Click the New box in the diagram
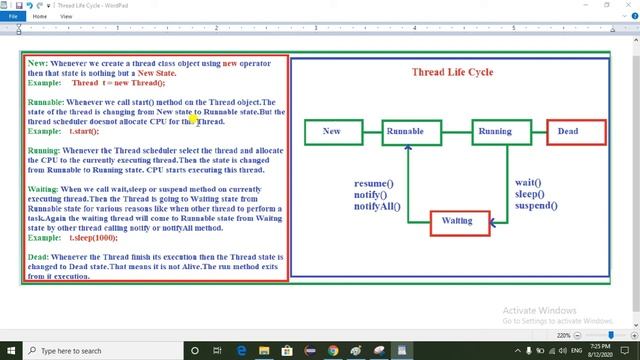pyautogui.click(x=331, y=131)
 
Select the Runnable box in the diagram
pyautogui.click(x=405, y=131)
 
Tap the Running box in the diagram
pyautogui.click(x=494, y=131)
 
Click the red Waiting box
pyautogui.click(x=457, y=221)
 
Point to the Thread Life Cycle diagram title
pyautogui.click(x=452, y=72)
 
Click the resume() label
pyautogui.click(x=374, y=183)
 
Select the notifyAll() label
pyautogui.click(x=377, y=206)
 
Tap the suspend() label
pyautogui.click(x=535, y=206)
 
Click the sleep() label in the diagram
pyautogui.click(x=529, y=194)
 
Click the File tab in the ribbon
pyautogui.click(x=14, y=16)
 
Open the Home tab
pyautogui.click(x=40, y=16)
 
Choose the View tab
pyautogui.click(x=66, y=16)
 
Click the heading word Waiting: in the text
pyautogui.click(x=43, y=188)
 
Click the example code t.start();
pyautogui.click(x=84, y=131)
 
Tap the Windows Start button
pyautogui.click(x=11, y=351)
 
